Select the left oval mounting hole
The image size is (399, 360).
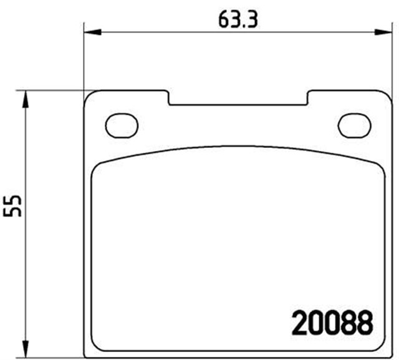121,125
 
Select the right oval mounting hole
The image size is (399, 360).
353,125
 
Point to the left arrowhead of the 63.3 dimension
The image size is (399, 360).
90,31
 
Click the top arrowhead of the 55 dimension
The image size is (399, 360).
26,95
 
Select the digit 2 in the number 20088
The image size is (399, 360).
300,323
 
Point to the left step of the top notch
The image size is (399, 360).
169,98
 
